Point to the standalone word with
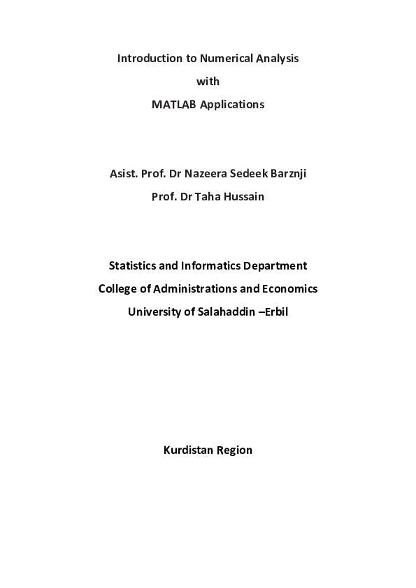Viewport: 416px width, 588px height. [208, 82]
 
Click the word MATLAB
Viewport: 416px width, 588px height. [174, 105]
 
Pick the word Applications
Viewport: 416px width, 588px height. [232, 105]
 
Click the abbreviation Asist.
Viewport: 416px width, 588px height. [123, 173]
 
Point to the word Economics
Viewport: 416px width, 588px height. [289, 288]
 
